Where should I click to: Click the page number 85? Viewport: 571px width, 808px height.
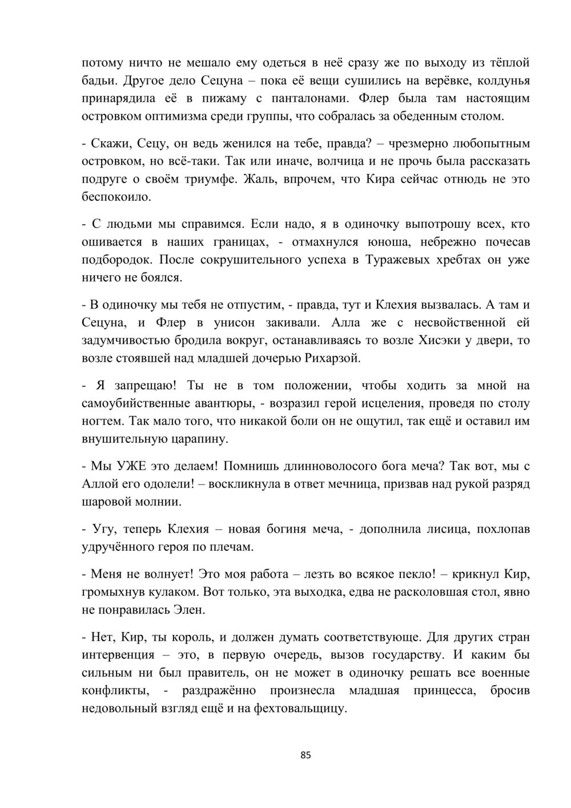tap(305, 755)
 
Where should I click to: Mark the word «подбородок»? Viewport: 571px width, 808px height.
tap(118, 260)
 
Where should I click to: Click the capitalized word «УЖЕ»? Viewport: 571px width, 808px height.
tap(130, 466)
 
